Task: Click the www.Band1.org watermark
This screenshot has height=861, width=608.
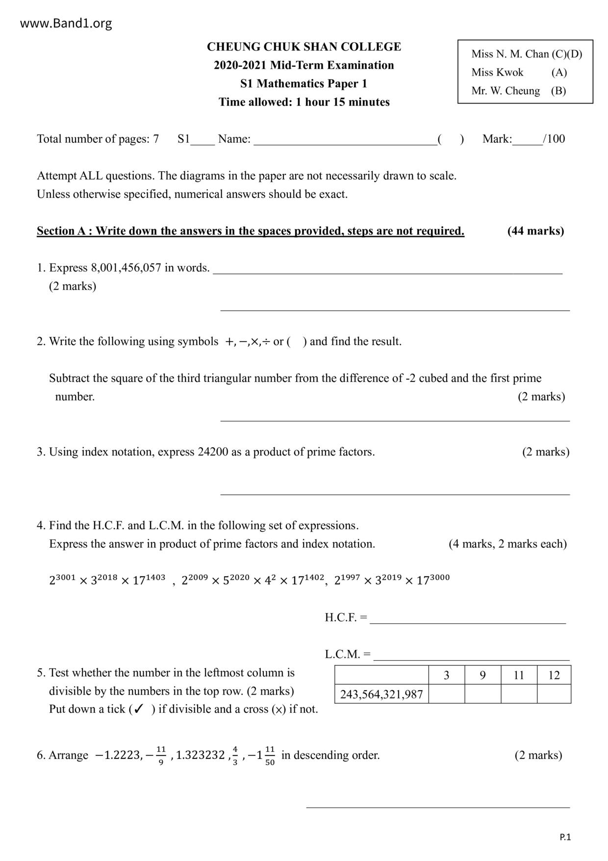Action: pos(66,23)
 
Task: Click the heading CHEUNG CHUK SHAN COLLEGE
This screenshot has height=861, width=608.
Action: pos(304,47)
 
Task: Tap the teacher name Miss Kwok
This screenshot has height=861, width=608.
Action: pos(497,72)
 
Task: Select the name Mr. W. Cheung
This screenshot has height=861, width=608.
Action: pos(506,91)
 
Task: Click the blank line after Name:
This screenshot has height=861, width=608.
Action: pos(345,140)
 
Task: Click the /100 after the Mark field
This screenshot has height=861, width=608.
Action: pos(554,139)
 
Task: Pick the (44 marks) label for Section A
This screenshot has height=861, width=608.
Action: pos(535,231)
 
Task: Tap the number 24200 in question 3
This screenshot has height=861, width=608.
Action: pos(213,452)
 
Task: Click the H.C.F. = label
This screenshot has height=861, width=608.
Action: pos(346,618)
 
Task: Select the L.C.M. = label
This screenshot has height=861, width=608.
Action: pos(348,654)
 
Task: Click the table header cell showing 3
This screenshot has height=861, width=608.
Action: pos(446,675)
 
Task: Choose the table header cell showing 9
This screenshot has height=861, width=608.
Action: pos(482,675)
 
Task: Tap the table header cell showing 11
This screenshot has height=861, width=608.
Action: pos(519,675)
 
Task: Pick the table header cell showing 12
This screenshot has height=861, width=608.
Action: pos(554,675)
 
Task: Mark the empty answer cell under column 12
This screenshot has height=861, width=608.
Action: pos(554,694)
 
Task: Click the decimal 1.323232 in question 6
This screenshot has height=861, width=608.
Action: pos(201,755)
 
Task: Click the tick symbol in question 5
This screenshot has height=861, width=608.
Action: pos(139,709)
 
